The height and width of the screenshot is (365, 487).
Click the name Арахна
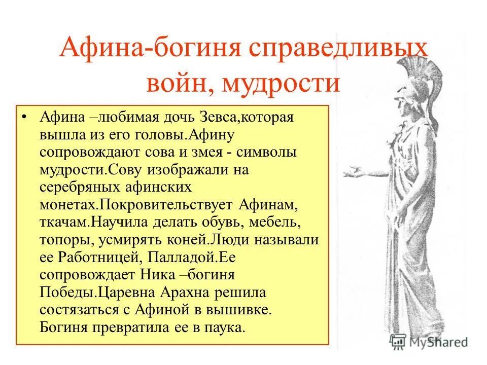coord(188,293)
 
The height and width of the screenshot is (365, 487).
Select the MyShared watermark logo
coord(429,342)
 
